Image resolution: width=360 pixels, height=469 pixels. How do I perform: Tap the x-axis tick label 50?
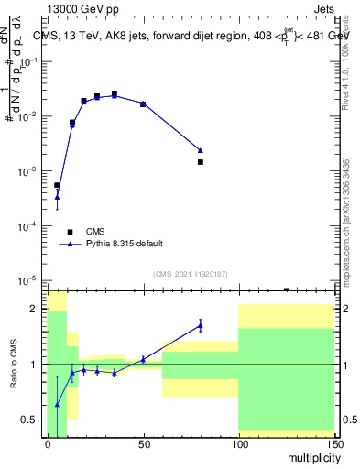pos(143,443)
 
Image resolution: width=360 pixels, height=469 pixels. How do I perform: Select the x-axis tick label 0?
pos(48,443)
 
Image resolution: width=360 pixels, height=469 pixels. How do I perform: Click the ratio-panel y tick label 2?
pos(38,309)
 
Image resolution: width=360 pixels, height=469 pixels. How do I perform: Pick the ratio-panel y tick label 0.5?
pos(32,420)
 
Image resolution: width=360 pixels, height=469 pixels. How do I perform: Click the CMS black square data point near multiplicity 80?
pos(200,162)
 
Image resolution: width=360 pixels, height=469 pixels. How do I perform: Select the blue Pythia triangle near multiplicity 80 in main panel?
pos(200,150)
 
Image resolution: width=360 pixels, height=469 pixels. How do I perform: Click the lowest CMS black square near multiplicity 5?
pos(57,185)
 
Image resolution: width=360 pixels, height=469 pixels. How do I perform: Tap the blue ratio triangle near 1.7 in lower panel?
pos(200,324)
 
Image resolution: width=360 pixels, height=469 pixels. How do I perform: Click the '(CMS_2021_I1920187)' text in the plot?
pos(190,273)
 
